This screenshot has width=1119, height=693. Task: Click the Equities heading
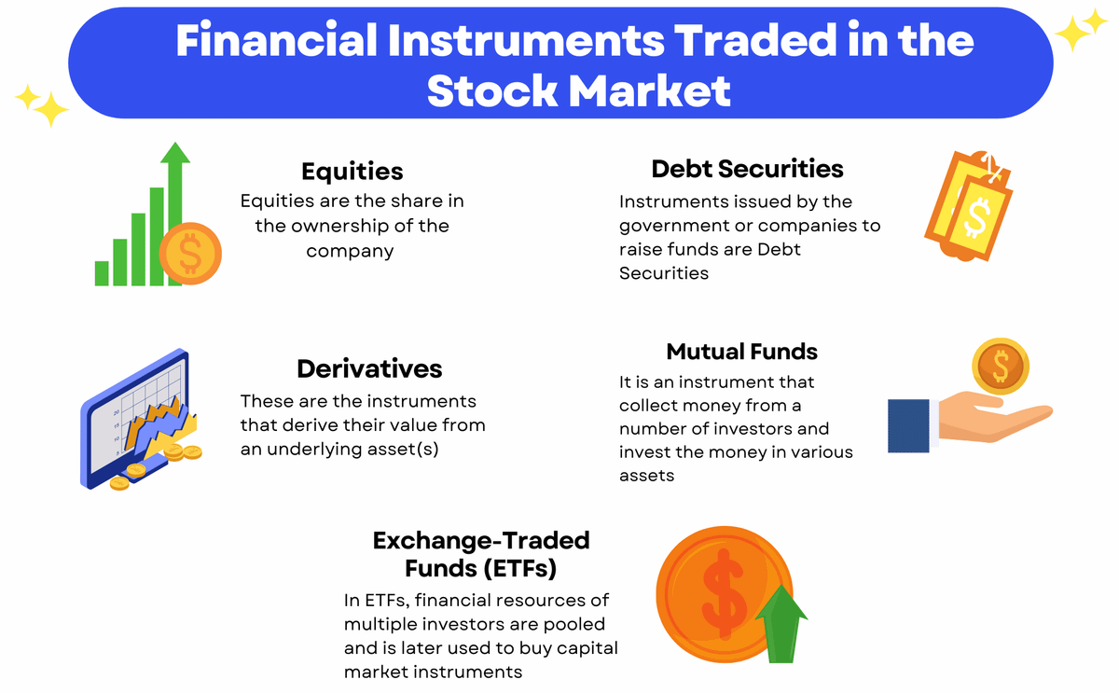point(352,172)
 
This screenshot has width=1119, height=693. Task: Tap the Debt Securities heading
point(747,169)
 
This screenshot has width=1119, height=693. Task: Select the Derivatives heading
point(369,368)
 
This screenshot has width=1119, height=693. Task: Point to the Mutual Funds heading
point(742,352)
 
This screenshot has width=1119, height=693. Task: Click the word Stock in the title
point(492,90)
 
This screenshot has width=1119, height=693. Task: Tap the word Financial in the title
point(276,39)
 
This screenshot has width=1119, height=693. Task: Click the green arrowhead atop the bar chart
point(175,152)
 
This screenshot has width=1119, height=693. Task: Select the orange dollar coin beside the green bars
point(190,254)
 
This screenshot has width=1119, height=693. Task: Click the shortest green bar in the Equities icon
point(102,273)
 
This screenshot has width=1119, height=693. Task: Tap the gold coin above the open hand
point(1001,367)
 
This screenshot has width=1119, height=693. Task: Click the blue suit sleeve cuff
point(908,425)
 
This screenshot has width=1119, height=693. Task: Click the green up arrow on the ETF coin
point(781,624)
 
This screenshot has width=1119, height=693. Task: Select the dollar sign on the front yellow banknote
point(976,218)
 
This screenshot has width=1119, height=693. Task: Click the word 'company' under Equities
point(350,251)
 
